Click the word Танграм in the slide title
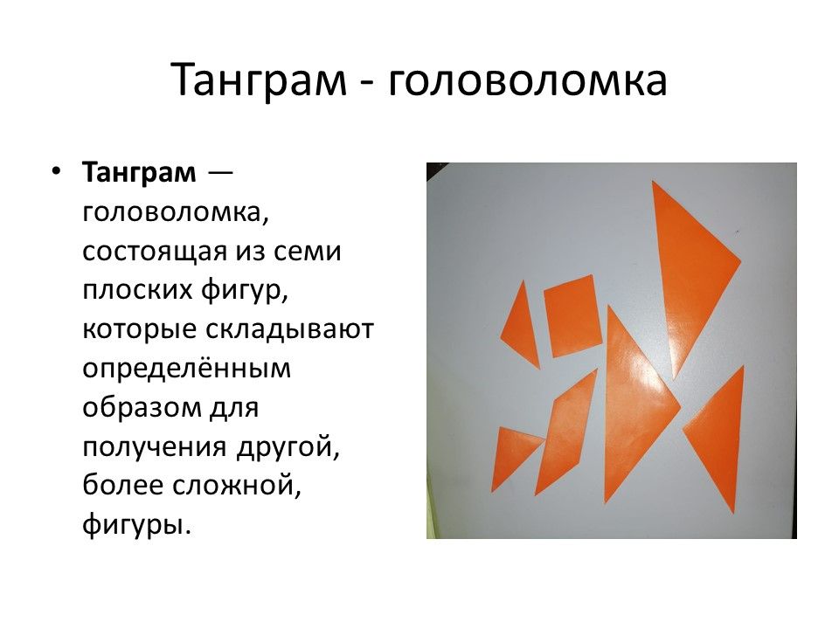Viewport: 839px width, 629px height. pyautogui.click(x=260, y=79)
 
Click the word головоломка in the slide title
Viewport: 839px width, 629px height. pyautogui.click(x=528, y=80)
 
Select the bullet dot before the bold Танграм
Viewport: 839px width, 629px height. pyautogui.click(x=56, y=172)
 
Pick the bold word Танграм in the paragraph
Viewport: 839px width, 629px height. pyautogui.click(x=139, y=173)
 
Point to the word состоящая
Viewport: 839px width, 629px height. pyautogui.click(x=155, y=252)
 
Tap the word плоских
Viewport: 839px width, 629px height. pyautogui.click(x=137, y=289)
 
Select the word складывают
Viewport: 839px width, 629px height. pyautogui.click(x=289, y=329)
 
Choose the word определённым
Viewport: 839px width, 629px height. pyautogui.click(x=186, y=369)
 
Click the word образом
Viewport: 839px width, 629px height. pyautogui.click(x=139, y=408)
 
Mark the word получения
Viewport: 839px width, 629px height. pyautogui.click(x=155, y=448)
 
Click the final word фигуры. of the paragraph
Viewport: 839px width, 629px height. pyautogui.click(x=136, y=526)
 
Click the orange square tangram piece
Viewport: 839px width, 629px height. pyautogui.click(x=572, y=316)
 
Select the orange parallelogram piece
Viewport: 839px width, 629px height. pyautogui.click(x=566, y=433)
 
